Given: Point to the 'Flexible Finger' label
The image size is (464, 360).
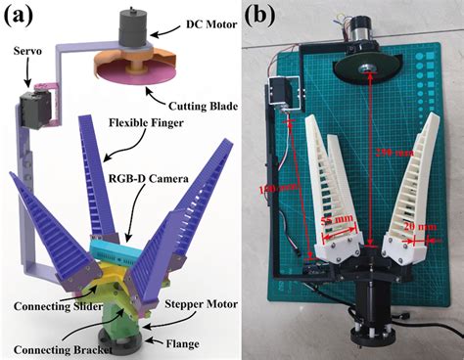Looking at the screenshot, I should point(150,150).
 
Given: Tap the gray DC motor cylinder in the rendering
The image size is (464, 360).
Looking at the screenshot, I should point(130,29).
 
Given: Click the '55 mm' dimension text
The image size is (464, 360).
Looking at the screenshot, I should point(338,224).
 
